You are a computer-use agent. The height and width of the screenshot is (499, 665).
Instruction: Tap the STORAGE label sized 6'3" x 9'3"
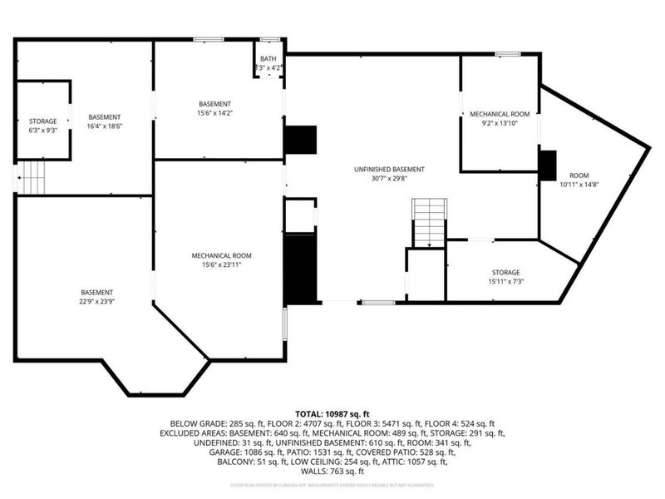[x=43, y=126]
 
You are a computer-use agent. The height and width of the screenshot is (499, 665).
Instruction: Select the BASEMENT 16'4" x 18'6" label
[x=105, y=121]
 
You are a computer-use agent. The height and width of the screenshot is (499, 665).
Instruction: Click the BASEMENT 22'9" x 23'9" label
[x=96, y=297]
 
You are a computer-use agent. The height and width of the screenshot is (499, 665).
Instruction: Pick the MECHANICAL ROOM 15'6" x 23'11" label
[x=221, y=260]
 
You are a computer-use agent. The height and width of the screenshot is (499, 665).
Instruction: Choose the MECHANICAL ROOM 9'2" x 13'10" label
[x=499, y=117]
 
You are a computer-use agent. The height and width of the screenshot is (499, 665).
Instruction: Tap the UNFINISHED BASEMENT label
[x=377, y=172]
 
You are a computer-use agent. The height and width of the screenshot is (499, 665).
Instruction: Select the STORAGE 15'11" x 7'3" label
[x=505, y=277]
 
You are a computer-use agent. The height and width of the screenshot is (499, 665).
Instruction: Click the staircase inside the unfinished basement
[x=430, y=223]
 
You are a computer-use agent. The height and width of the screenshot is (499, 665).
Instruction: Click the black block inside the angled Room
[x=548, y=165]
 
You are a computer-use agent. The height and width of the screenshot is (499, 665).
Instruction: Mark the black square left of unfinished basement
[x=300, y=140]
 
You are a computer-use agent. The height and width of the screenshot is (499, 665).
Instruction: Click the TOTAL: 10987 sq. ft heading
[x=332, y=413]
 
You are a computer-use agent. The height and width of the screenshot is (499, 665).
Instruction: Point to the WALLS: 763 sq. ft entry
[x=332, y=470]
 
